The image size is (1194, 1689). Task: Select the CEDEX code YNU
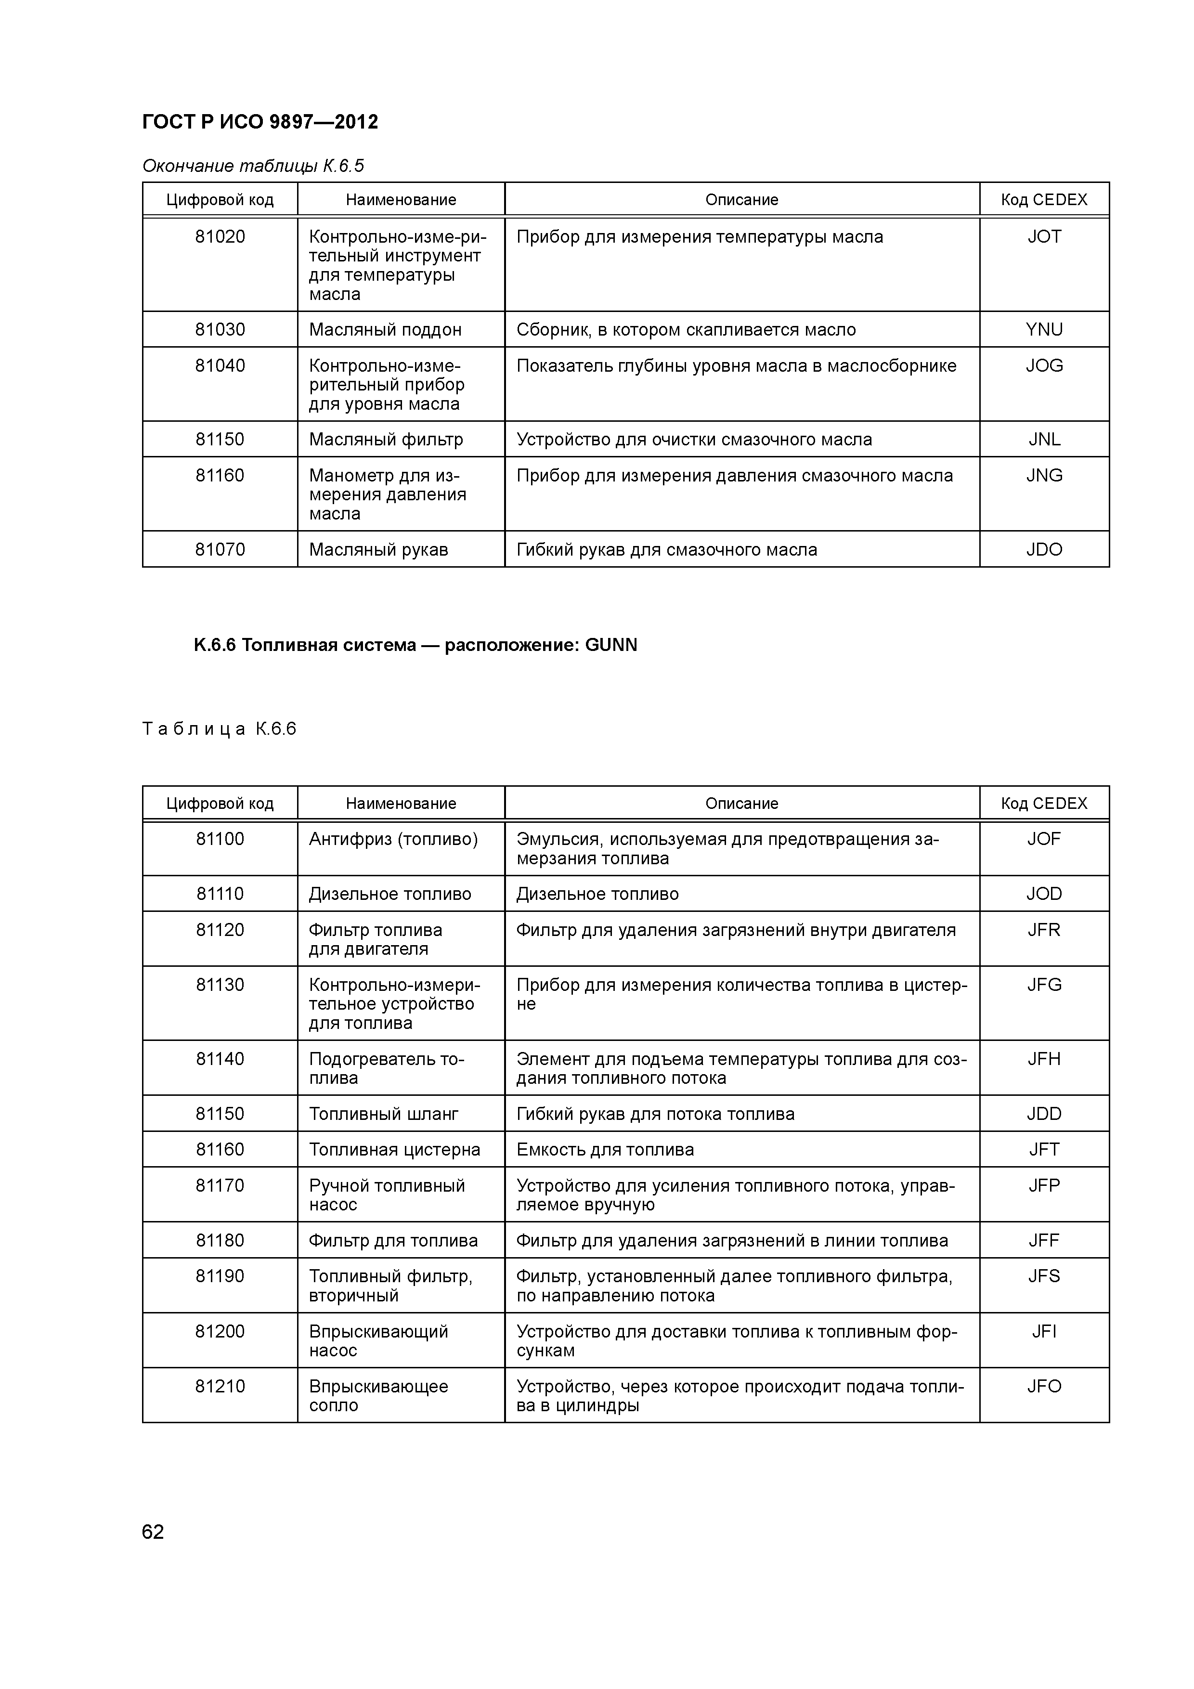1044,329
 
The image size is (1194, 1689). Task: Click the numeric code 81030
220,329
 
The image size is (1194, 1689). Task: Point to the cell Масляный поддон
385,329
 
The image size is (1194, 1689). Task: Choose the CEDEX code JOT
1044,237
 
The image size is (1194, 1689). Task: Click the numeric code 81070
220,549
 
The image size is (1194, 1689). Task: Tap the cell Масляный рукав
378,549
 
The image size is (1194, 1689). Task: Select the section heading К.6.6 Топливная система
415,645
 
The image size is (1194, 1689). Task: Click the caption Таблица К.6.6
219,729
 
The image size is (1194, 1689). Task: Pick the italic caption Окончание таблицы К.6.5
253,166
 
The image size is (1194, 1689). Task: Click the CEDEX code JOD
1044,894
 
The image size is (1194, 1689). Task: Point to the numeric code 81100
220,839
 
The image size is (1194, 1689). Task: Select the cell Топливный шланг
383,1114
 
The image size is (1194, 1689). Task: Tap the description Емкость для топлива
605,1150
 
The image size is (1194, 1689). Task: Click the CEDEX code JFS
1044,1276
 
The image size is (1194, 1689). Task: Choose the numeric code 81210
220,1387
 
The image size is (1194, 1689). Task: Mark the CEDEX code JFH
1044,1059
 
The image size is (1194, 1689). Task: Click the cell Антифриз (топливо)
393,839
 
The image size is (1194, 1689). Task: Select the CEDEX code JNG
1044,476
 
